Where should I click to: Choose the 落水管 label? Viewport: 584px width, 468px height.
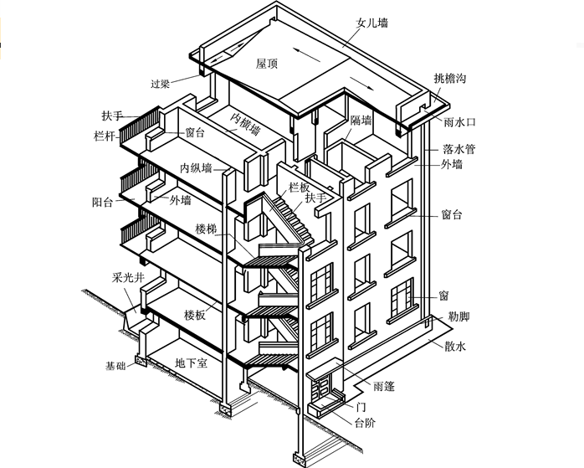[459, 149]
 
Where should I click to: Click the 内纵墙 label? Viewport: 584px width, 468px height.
[195, 167]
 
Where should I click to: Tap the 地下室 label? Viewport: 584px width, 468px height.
[191, 363]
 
